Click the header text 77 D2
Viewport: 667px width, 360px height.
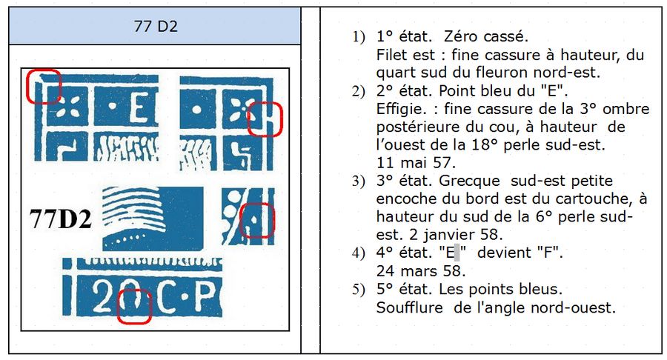pyautogui.click(x=156, y=27)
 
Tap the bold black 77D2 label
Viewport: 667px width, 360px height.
pyautogui.click(x=61, y=219)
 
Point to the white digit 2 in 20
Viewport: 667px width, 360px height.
pyautogui.click(x=102, y=297)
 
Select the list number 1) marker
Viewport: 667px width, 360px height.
pyautogui.click(x=358, y=37)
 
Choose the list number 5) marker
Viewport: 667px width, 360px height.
pyautogui.click(x=358, y=290)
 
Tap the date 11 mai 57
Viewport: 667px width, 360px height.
pyautogui.click(x=416, y=162)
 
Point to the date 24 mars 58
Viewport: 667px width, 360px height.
pyautogui.click(x=421, y=271)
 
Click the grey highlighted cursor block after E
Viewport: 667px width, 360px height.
pyautogui.click(x=457, y=253)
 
